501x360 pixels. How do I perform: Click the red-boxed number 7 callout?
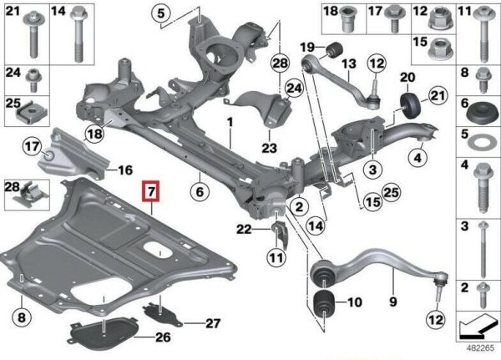[151, 192]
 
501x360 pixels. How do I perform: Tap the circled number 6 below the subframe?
[200, 192]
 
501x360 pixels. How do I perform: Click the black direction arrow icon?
[477, 327]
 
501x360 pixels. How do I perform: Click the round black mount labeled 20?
[410, 106]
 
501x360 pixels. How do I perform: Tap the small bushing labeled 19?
[334, 49]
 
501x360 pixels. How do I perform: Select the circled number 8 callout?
[22, 317]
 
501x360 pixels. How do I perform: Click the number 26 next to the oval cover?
[163, 337]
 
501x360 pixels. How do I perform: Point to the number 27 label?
[213, 323]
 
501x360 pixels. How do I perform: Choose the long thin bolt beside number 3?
[483, 251]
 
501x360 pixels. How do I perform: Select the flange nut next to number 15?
[441, 48]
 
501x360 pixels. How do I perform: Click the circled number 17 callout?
[33, 147]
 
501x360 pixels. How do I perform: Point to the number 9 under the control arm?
[393, 302]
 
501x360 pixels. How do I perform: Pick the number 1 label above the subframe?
[230, 122]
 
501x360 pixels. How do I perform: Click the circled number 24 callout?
[294, 88]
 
